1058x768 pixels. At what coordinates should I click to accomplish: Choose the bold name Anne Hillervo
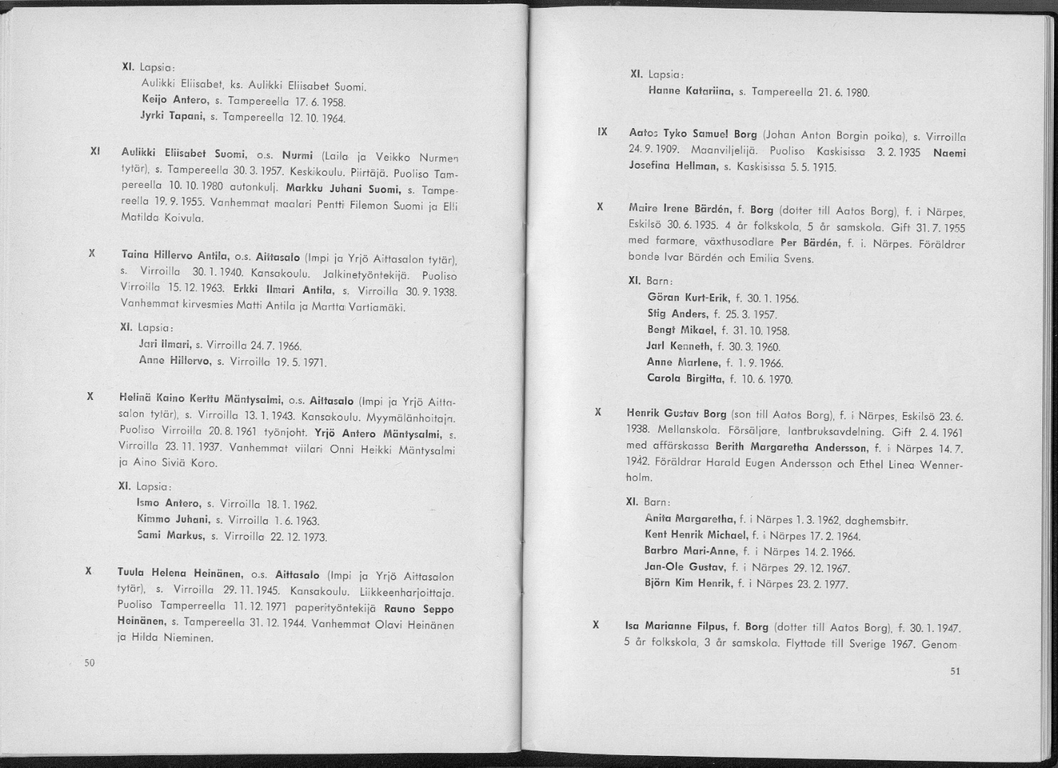tap(174, 362)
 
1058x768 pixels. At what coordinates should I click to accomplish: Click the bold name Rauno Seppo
tap(418, 610)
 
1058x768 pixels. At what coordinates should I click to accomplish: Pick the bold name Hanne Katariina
tap(689, 92)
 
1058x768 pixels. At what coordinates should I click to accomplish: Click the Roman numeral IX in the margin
tap(601, 132)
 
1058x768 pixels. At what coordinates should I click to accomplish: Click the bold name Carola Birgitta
tap(685, 379)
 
